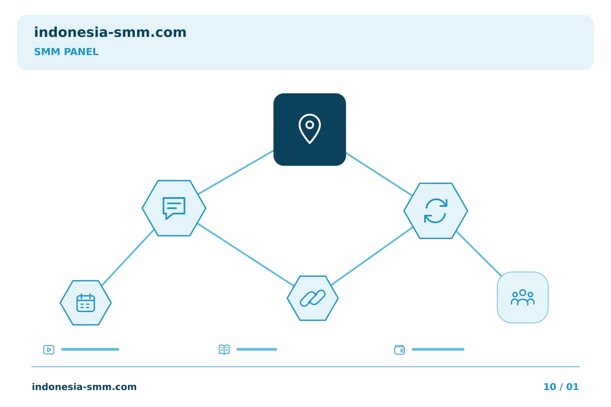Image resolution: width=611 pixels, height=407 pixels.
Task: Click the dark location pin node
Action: (310, 129)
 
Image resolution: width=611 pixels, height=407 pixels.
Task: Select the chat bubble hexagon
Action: (174, 208)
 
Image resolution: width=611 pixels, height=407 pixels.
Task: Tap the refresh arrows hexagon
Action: (436, 211)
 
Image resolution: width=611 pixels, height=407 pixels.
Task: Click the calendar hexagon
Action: (86, 303)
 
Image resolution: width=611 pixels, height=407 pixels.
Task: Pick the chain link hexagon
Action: (313, 298)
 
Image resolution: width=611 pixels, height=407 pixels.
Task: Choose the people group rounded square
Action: (523, 298)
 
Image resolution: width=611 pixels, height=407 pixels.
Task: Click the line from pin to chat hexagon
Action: (236, 172)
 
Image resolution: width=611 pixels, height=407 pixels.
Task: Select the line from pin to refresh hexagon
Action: (379, 174)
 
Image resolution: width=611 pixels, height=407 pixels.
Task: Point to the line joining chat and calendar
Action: (128, 258)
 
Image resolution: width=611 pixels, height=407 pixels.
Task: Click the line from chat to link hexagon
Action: (246, 255)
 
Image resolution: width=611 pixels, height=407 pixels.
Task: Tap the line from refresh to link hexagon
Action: (372, 256)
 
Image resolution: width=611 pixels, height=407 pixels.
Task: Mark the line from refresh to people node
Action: (479, 254)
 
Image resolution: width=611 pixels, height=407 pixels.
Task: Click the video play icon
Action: (49, 349)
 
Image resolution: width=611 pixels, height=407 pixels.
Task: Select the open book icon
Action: (224, 349)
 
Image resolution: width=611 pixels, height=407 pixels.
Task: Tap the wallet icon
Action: (400, 350)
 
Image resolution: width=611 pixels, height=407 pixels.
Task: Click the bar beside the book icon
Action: (257, 349)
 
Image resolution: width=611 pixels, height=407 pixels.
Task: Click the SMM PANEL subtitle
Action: (66, 52)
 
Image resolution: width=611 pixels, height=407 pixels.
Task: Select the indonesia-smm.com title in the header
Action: (110, 32)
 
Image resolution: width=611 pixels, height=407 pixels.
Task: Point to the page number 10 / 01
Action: (561, 387)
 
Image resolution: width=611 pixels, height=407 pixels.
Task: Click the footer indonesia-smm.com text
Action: (84, 387)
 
